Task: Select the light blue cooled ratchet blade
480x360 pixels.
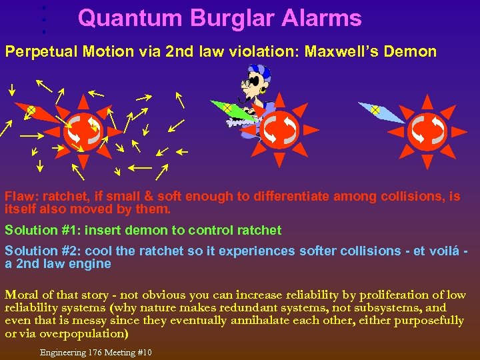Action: click(381, 112)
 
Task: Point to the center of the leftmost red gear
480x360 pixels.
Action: click(83, 130)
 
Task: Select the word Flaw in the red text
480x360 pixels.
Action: click(18, 197)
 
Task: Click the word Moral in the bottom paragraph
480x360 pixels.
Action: click(21, 295)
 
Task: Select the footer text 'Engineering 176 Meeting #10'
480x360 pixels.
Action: click(96, 352)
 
